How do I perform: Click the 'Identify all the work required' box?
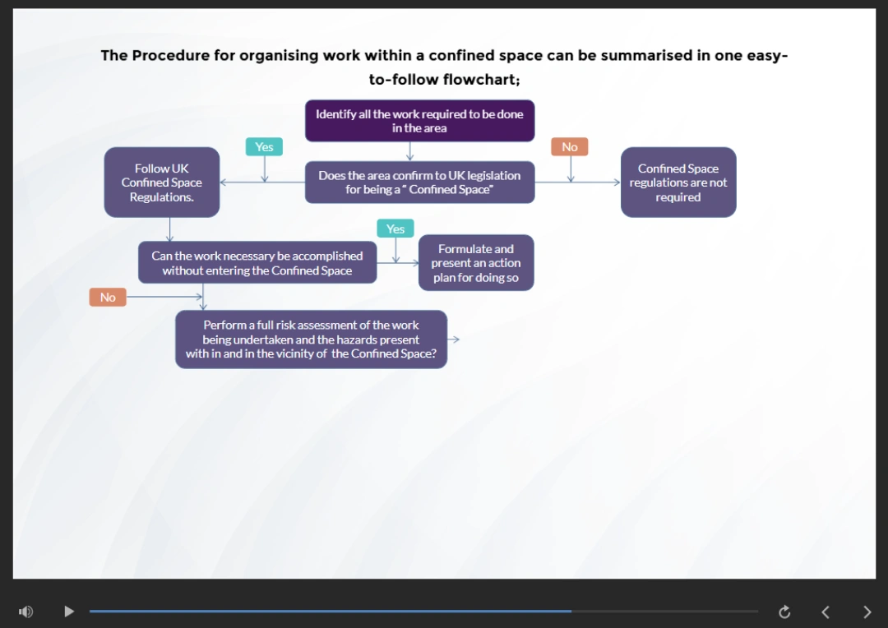point(419,121)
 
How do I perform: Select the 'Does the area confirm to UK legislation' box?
point(419,182)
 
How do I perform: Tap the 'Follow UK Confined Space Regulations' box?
point(162,182)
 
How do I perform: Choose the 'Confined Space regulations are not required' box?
point(678,182)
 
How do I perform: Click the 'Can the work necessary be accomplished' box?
point(257,263)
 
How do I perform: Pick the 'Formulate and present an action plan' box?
point(476,263)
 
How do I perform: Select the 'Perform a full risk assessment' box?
point(311,339)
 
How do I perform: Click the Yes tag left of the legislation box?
point(264,147)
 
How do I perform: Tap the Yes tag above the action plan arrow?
point(395,229)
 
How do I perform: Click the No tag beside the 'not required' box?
point(570,147)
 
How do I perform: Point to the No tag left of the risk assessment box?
point(108,297)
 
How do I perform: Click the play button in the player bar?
point(69,612)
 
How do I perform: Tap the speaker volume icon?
point(26,612)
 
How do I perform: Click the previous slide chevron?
point(826,612)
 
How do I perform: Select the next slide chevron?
point(867,612)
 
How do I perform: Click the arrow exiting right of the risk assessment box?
point(454,339)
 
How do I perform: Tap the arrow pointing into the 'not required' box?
point(615,182)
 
